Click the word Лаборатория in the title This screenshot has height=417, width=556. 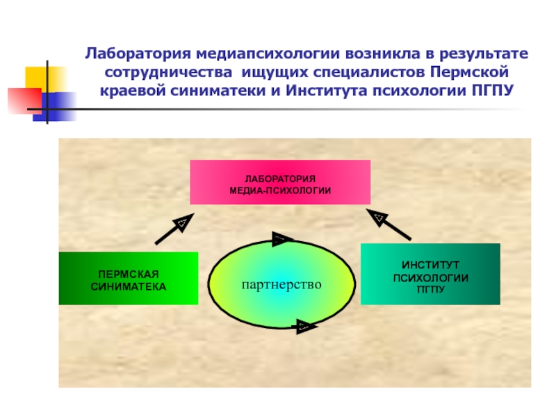pos(137,54)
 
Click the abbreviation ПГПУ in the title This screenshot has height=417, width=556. pos(491,91)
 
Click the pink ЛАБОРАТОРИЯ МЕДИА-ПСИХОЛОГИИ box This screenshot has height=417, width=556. pos(280,182)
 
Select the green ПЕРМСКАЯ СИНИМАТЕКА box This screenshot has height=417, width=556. pos(128,278)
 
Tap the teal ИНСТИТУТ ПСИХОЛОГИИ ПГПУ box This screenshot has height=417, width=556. pos(430,274)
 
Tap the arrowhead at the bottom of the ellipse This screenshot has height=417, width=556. pos(304,326)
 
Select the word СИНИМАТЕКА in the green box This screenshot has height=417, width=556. pos(128,286)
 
